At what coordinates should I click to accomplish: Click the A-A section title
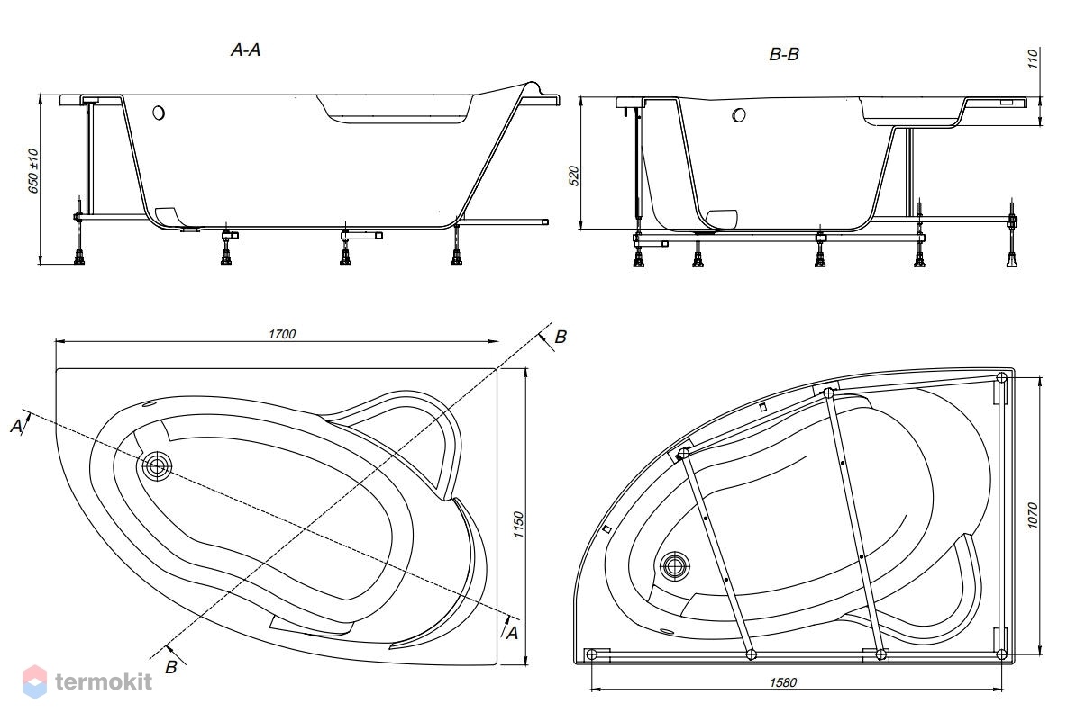(246, 50)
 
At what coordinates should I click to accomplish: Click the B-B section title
(784, 54)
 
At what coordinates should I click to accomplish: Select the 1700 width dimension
(282, 334)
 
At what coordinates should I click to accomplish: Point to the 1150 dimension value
(518, 525)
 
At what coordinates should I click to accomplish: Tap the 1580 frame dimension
(783, 682)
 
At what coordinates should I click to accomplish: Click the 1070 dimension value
(1032, 516)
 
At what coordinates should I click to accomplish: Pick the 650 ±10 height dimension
(33, 171)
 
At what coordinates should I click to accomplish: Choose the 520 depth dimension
(574, 176)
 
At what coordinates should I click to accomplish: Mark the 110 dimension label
(1032, 59)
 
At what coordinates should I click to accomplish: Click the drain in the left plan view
(157, 466)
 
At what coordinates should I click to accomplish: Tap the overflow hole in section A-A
(159, 113)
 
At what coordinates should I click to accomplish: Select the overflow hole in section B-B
(739, 115)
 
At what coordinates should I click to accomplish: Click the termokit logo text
(105, 681)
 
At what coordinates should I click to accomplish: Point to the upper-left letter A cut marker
(16, 426)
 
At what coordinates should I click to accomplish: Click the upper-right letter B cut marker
(560, 337)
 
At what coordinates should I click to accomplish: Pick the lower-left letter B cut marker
(171, 668)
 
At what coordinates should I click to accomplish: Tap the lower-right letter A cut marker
(512, 633)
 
